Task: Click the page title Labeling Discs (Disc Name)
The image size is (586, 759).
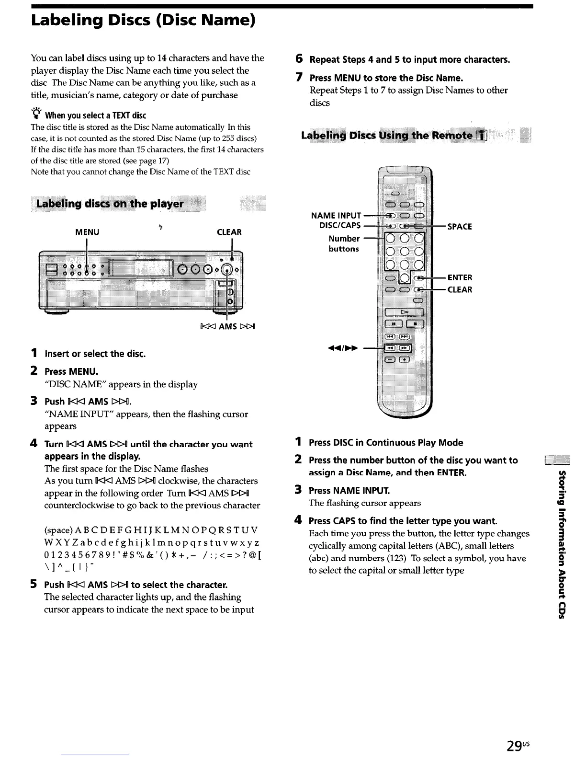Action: tap(143, 21)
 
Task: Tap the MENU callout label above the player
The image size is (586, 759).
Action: tap(87, 232)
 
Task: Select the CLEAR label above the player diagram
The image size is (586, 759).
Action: tap(229, 232)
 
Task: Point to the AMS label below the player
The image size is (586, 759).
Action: tap(227, 327)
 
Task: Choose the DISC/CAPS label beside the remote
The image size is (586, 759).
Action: tap(340, 226)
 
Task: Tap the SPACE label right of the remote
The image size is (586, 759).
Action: tap(460, 227)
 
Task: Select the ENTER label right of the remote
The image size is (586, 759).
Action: tap(460, 277)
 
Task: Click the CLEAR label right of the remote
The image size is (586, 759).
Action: tap(460, 290)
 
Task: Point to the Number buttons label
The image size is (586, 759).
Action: tap(344, 243)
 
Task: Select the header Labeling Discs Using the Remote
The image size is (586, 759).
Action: tap(387, 136)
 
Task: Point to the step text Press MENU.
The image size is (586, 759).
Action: tap(71, 372)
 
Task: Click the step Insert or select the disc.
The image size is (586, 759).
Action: tap(95, 354)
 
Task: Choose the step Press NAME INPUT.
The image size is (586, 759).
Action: tap(349, 491)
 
